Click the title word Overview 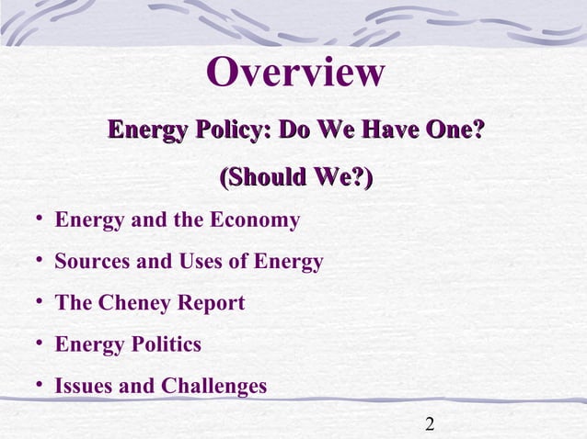point(294,73)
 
